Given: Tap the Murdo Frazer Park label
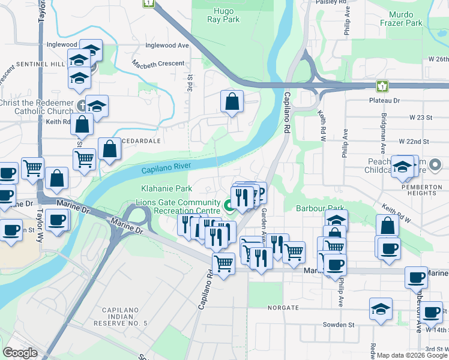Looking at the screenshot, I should coord(401,19).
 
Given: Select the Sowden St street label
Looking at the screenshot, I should coord(339,325).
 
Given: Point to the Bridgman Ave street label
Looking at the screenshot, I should coord(383,126).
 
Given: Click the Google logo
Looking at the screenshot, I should coord(20,353).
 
